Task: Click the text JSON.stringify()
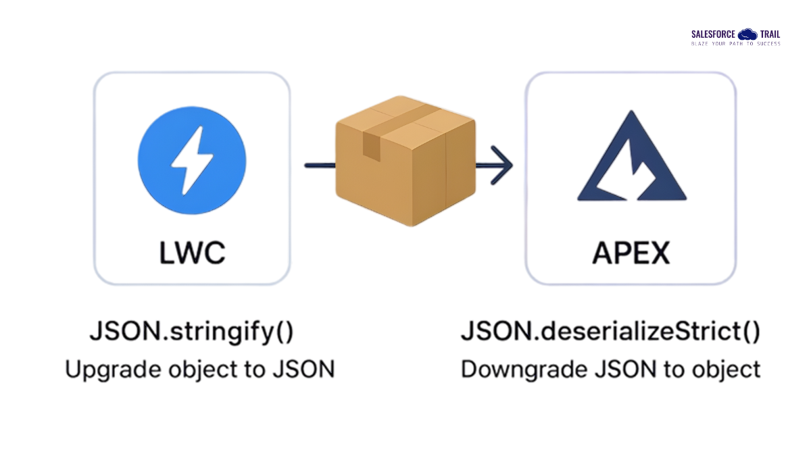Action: [191, 332]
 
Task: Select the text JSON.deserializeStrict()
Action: [610, 332]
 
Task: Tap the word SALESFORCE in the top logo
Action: [713, 34]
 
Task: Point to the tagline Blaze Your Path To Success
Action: [735, 44]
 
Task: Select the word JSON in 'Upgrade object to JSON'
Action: [308, 370]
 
